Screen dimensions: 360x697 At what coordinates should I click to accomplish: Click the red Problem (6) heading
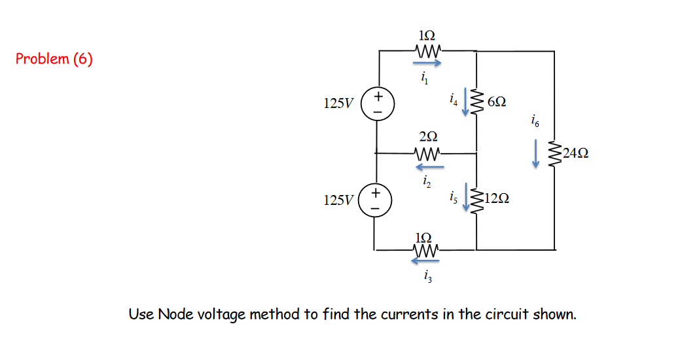tap(54, 60)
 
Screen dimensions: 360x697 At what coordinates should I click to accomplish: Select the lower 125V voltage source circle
tap(375, 200)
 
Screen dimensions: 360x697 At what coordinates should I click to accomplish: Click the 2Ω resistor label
tap(428, 137)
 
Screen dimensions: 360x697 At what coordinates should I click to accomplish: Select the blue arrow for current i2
tap(428, 166)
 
